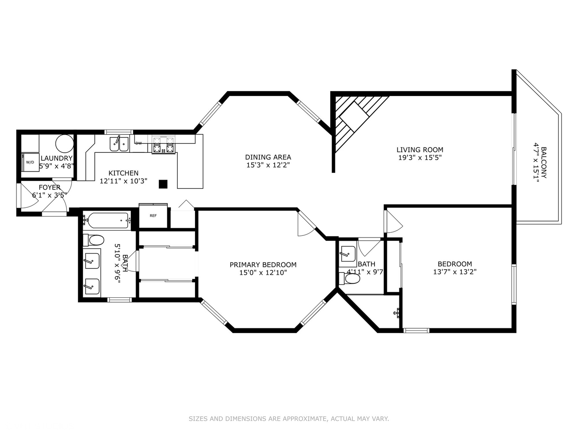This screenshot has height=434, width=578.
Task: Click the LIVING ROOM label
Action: click(x=420, y=150)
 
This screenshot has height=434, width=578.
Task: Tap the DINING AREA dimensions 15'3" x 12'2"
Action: click(x=268, y=165)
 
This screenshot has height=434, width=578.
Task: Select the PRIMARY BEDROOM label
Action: click(x=263, y=264)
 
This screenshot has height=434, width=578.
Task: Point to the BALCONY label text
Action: click(x=543, y=162)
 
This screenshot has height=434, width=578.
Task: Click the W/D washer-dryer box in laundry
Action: click(x=30, y=162)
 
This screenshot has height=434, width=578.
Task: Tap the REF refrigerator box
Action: click(x=153, y=216)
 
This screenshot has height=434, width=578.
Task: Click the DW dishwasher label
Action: click(x=138, y=143)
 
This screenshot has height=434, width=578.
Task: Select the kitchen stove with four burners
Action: click(x=164, y=145)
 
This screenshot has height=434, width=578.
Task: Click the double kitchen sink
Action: click(x=119, y=144)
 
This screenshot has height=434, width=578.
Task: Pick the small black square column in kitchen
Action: click(x=163, y=184)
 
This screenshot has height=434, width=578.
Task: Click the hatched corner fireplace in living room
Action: click(x=353, y=119)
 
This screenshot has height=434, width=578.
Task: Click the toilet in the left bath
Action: click(x=94, y=240)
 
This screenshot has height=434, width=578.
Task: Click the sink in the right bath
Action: click(x=348, y=254)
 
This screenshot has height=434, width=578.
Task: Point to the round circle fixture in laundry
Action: click(x=64, y=143)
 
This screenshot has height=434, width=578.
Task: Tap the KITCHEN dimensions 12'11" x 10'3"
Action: click(x=124, y=181)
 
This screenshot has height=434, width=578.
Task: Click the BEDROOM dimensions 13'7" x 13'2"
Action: click(x=455, y=272)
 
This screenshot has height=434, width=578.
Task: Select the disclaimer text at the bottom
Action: click(x=289, y=419)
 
